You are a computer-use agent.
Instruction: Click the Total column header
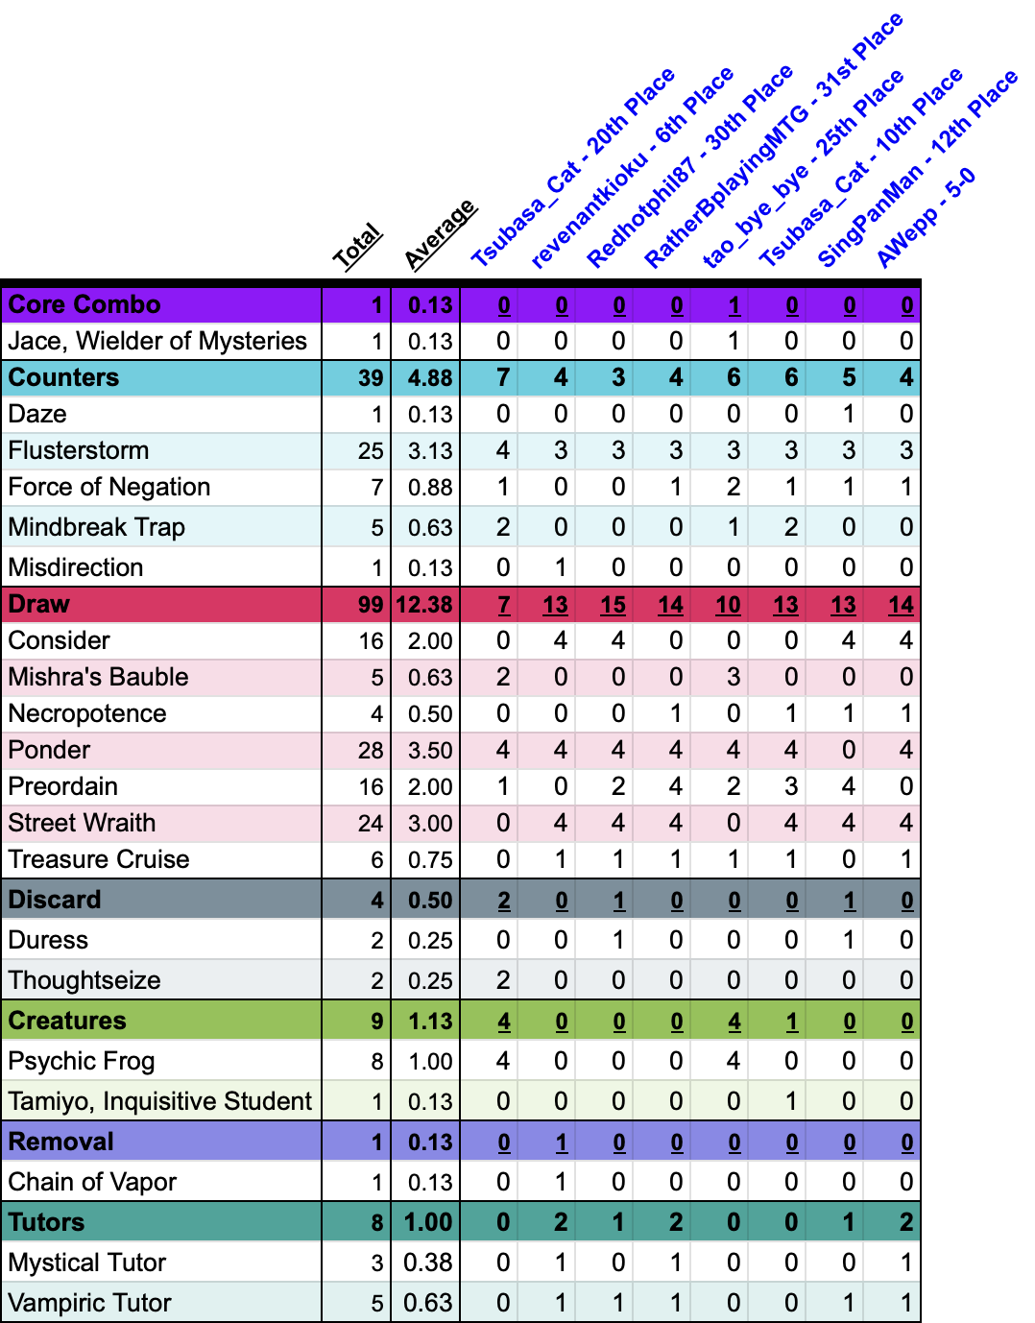(x=357, y=247)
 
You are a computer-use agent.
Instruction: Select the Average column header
(x=440, y=234)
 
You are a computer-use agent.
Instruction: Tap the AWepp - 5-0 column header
(x=926, y=218)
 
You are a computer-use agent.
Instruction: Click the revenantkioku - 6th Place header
(x=632, y=167)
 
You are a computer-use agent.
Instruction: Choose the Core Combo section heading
(x=84, y=304)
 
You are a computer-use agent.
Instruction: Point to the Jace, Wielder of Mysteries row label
(x=157, y=341)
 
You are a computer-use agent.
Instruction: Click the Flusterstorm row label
(x=79, y=450)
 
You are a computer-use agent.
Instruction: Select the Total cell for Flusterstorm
(x=371, y=450)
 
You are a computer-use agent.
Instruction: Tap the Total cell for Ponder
(x=371, y=750)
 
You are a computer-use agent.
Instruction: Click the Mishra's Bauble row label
(x=98, y=677)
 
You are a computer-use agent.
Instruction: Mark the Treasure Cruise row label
(x=99, y=859)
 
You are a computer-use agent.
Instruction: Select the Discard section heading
(x=55, y=900)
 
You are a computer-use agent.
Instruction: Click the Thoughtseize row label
(x=84, y=980)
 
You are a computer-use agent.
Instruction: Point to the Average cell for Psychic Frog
(x=429, y=1061)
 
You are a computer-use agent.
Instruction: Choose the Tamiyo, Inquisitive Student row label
(x=160, y=1101)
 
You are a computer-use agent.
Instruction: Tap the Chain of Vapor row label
(x=92, y=1182)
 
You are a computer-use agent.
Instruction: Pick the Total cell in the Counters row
(x=371, y=377)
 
